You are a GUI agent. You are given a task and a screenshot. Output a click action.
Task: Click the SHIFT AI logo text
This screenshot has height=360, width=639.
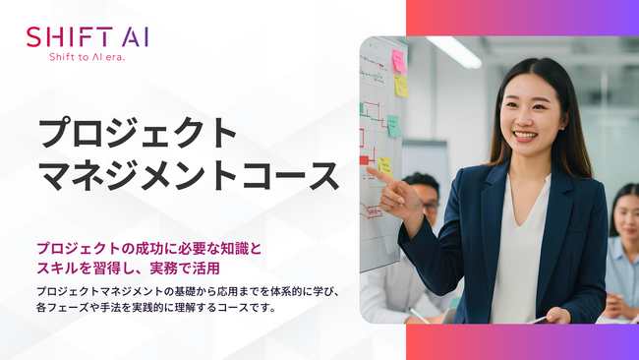coord(87,37)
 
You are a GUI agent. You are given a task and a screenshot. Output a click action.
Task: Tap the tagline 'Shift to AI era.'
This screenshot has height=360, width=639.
coord(87,57)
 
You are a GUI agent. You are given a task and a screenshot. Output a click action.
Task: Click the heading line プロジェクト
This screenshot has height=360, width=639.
coord(138,134)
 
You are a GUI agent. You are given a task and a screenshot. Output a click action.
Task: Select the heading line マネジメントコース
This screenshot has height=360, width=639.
coord(188,176)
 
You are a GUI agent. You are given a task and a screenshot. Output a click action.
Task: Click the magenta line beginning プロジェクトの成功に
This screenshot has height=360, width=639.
coord(149,247)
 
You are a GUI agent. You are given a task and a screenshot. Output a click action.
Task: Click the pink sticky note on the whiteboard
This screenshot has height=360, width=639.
coord(399,61)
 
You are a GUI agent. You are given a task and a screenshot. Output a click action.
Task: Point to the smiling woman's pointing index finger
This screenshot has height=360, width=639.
coord(375,170)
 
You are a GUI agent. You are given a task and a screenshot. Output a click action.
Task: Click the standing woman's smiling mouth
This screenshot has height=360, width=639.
coord(525,137)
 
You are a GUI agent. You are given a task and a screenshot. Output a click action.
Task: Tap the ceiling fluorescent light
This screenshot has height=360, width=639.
coord(454,51)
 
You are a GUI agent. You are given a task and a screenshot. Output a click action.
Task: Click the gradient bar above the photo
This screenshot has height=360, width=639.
coord(522,18)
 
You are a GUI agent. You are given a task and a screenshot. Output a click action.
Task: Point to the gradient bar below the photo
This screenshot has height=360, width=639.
coord(522,341)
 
